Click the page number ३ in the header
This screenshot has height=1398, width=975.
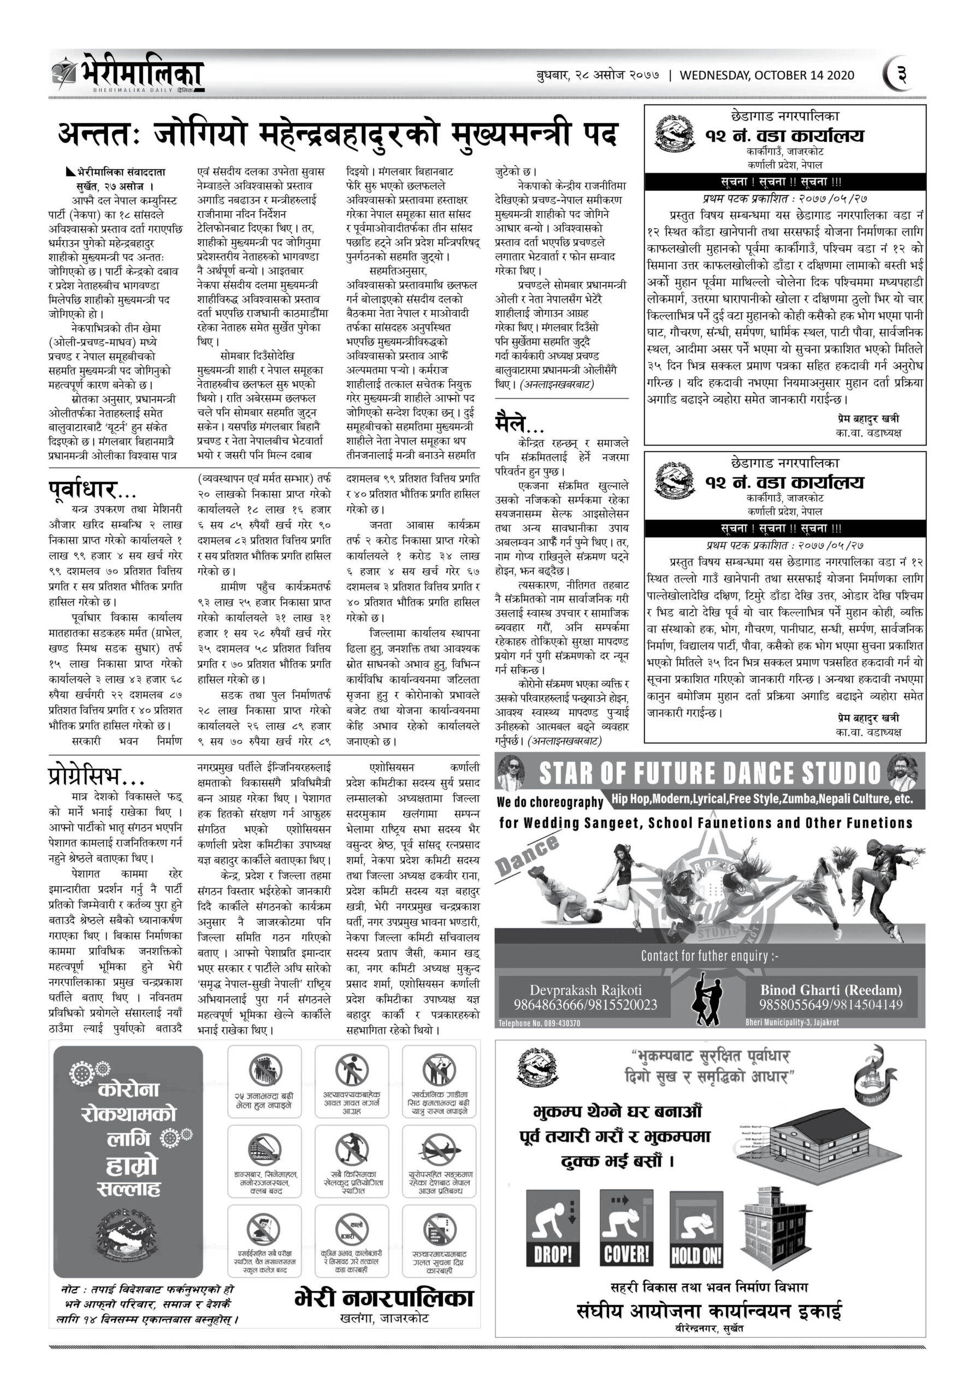(901, 75)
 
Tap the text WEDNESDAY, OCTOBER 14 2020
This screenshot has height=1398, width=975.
(767, 75)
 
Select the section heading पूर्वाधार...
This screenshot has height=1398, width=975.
(91, 489)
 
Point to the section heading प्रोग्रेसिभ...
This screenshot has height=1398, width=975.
(97, 775)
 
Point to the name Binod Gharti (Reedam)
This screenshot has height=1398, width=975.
(831, 990)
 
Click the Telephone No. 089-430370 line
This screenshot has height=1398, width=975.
(539, 1023)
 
